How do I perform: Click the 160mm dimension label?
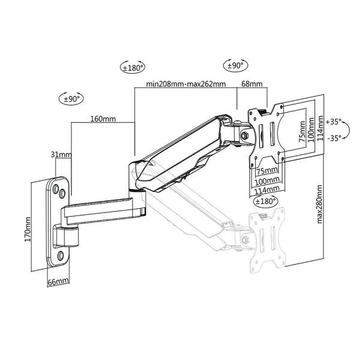(103, 119)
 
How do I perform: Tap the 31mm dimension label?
(61, 155)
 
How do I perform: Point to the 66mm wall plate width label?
(58, 281)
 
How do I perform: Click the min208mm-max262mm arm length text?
(186, 85)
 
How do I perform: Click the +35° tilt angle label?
(334, 121)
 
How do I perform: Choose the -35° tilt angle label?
(334, 137)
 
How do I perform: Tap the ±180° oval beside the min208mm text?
(133, 67)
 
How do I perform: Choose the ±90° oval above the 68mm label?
(233, 65)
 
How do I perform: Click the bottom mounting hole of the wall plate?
(59, 257)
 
